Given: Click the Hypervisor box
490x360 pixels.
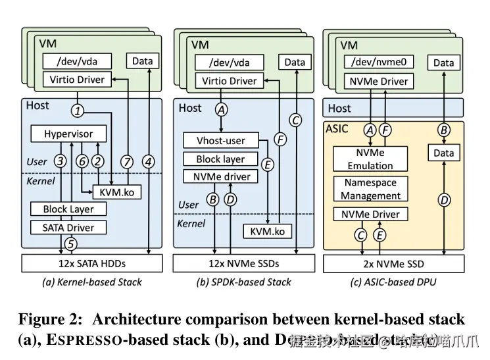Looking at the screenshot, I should (x=68, y=134).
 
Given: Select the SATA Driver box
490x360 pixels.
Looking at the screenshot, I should (x=68, y=228).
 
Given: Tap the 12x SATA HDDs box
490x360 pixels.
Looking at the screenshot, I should (x=91, y=263).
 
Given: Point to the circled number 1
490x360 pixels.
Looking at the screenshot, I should (x=78, y=111).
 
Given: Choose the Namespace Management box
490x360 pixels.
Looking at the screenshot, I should (x=371, y=189).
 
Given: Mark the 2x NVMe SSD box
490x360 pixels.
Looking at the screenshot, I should (x=393, y=264).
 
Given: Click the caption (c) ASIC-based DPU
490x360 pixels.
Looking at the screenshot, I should (x=393, y=282).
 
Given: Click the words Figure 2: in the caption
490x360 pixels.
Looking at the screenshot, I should (x=51, y=320).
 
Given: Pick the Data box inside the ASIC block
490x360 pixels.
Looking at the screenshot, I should (x=444, y=153).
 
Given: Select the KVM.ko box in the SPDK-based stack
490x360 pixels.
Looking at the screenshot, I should (x=267, y=232).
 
